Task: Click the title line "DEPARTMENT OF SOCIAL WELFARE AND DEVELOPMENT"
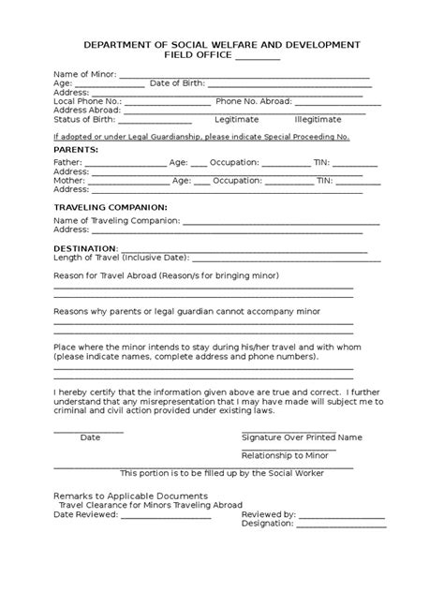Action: pyautogui.click(x=221, y=46)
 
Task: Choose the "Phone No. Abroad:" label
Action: pyautogui.click(x=254, y=101)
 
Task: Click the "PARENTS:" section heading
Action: pyautogui.click(x=75, y=149)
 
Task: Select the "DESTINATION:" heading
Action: pyautogui.click(x=86, y=248)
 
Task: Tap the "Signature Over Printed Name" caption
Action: pyautogui.click(x=302, y=437)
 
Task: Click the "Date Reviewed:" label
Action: pyautogui.click(x=83, y=513)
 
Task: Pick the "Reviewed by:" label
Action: pyautogui.click(x=269, y=513)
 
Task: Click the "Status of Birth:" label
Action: pyautogui.click(x=85, y=119)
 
